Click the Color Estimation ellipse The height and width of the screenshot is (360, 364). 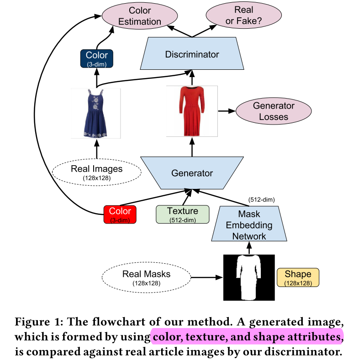[140, 16]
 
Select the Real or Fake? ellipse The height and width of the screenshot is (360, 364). [244, 16]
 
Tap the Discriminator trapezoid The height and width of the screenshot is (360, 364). [192, 53]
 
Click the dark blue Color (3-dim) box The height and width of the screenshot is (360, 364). [97, 59]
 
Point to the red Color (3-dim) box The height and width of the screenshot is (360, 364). [120, 214]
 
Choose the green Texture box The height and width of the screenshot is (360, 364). [183, 214]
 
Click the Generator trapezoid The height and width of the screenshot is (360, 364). [192, 173]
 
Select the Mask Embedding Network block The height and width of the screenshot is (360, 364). [249, 224]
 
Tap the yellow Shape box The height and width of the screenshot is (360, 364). [298, 278]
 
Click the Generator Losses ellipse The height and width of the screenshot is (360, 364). [274, 111]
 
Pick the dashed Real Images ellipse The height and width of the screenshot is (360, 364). [97, 172]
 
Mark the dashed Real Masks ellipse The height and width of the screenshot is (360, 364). [147, 277]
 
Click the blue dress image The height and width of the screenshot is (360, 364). [95, 113]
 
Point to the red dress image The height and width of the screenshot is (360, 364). [192, 111]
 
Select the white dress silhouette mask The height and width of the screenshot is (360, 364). [249, 278]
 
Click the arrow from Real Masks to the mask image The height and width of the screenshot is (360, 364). [207, 277]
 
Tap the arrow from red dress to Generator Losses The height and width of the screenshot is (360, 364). [227, 111]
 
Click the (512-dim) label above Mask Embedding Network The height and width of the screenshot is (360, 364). [262, 200]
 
